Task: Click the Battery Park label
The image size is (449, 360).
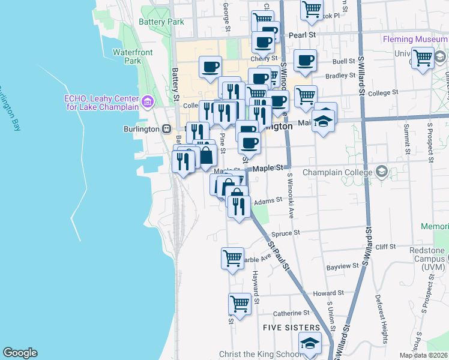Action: pyautogui.click(x=161, y=22)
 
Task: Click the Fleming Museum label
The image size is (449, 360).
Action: pyautogui.click(x=415, y=40)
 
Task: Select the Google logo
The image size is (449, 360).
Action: pyautogui.click(x=20, y=353)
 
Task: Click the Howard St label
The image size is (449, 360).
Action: pyautogui.click(x=328, y=293)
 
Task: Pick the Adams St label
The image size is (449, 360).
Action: pyautogui.click(x=268, y=202)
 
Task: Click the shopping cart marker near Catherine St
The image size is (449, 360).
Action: pyautogui.click(x=240, y=304)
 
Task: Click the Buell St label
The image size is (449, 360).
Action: pyautogui.click(x=343, y=61)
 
